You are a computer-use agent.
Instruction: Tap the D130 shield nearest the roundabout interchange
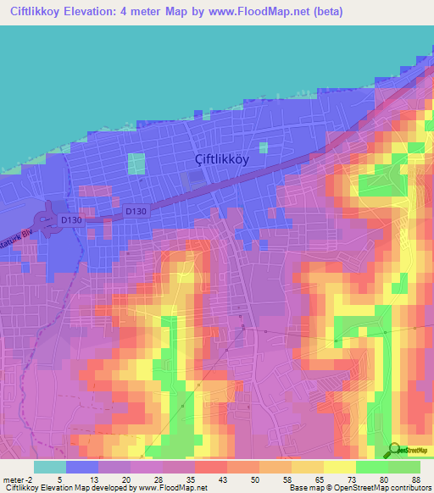click(71, 220)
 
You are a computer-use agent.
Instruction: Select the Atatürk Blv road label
click(15, 236)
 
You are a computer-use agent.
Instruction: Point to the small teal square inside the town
click(136, 163)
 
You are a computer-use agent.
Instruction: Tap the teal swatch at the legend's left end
click(50, 467)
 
